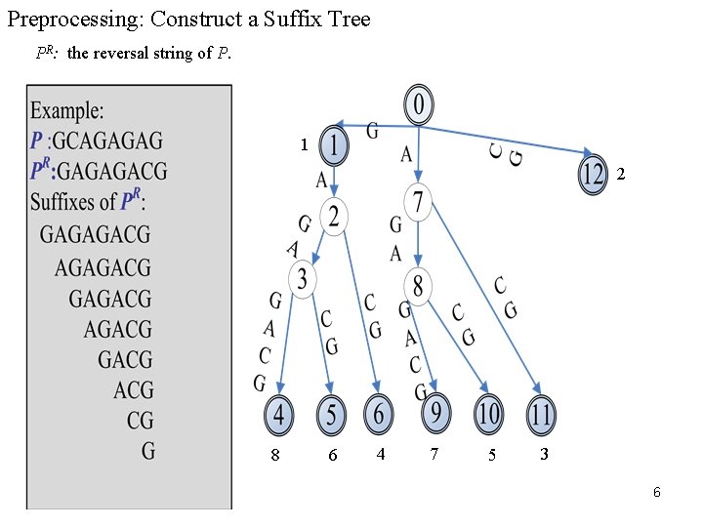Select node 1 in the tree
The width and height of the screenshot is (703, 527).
coord(334,146)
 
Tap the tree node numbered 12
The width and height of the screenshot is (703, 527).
coord(593,176)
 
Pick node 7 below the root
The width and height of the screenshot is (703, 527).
coord(418,205)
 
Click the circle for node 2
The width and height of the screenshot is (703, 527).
coord(334,216)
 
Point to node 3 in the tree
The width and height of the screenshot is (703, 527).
coord(303,280)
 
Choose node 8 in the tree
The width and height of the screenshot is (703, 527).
coord(418,287)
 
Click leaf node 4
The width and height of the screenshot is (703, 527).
coord(278,415)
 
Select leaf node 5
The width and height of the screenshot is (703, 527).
coord(332,415)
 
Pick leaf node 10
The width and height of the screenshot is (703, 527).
coord(488,414)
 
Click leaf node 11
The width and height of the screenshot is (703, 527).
coord(540,415)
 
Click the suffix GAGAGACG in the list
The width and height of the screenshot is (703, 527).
coord(96,234)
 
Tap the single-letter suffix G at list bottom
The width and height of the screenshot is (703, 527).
coord(147,451)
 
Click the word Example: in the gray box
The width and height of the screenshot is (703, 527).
coord(66,110)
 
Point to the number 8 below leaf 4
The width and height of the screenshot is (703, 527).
coord(275,456)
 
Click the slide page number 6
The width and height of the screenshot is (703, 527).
coord(657,493)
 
